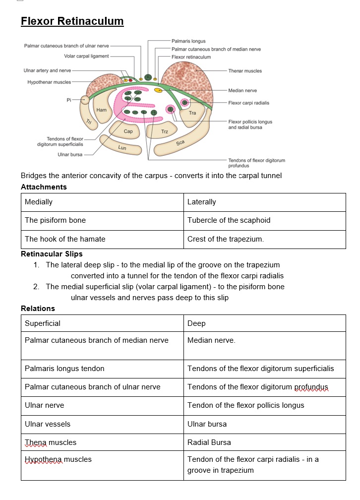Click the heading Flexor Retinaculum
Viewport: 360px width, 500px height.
pyautogui.click(x=72, y=21)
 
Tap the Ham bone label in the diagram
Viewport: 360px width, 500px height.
pyautogui.click(x=102, y=110)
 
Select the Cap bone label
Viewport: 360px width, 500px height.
pyautogui.click(x=128, y=131)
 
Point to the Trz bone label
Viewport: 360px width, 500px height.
pyautogui.click(x=165, y=132)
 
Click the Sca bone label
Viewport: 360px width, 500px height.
pyautogui.click(x=180, y=143)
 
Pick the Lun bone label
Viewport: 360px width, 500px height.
pyautogui.click(x=122, y=147)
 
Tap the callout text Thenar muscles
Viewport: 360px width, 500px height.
pyautogui.click(x=245, y=71)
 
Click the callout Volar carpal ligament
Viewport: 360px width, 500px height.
pyautogui.click(x=86, y=56)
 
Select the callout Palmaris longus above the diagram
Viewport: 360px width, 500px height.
pyautogui.click(x=188, y=41)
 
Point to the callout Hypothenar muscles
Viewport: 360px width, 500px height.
pyautogui.click(x=49, y=82)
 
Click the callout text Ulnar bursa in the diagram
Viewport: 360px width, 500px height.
pyautogui.click(x=70, y=155)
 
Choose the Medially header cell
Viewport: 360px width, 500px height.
pyautogui.click(x=39, y=202)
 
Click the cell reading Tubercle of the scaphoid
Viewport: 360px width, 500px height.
pyautogui.click(x=229, y=220)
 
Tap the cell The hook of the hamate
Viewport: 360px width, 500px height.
pyautogui.click(x=65, y=239)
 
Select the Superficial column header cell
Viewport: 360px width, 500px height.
pyautogui.click(x=43, y=323)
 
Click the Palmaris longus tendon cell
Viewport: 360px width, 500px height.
pyautogui.click(x=64, y=369)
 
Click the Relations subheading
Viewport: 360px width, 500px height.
pyautogui.click(x=38, y=309)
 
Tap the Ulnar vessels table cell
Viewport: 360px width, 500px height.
pyautogui.click(x=48, y=424)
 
